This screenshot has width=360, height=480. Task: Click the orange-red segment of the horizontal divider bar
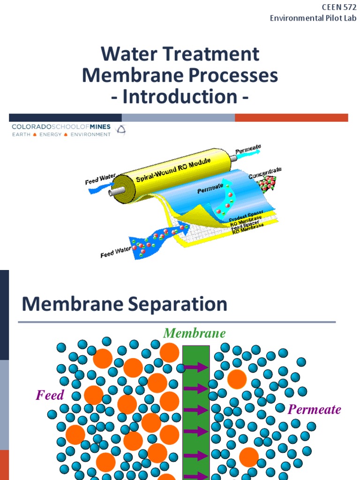pyautogui.click(x=291, y=118)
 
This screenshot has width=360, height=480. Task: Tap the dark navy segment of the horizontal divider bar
pyautogui.click(x=65, y=118)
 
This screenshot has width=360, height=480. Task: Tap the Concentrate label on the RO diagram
pyautogui.click(x=265, y=172)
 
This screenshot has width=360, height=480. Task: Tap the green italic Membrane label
pyautogui.click(x=194, y=333)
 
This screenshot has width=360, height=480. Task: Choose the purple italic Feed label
pyautogui.click(x=50, y=395)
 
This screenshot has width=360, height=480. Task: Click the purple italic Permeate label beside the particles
pyautogui.click(x=314, y=410)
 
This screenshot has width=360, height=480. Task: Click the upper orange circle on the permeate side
pyautogui.click(x=237, y=379)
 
